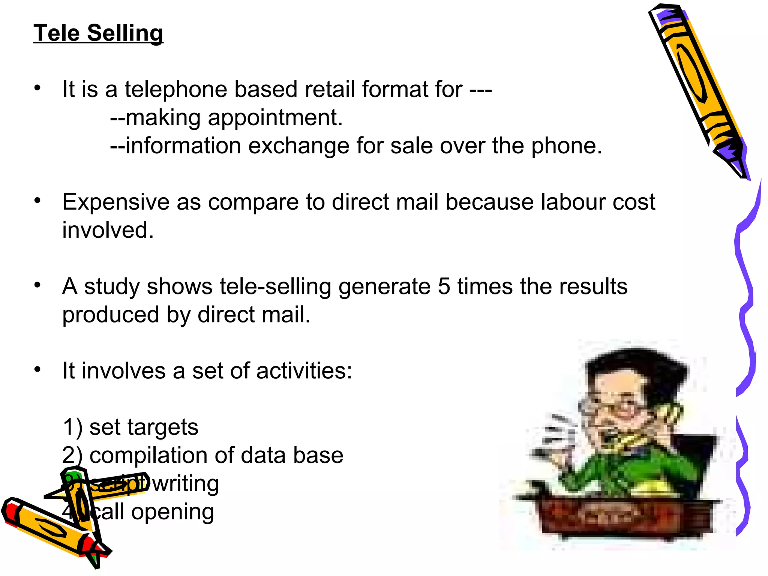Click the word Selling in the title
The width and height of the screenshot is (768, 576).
click(x=125, y=33)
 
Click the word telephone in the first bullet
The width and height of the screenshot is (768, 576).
click(x=176, y=90)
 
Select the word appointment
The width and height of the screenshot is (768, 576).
click(x=275, y=118)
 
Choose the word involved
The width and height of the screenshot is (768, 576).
click(x=108, y=230)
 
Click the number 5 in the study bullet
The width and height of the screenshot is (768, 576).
click(x=444, y=286)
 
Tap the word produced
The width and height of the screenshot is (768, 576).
click(x=111, y=315)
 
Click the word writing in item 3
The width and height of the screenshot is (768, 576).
click(x=186, y=484)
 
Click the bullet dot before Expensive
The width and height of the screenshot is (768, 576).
click(x=37, y=201)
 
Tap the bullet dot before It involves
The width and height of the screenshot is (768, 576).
click(x=37, y=370)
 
